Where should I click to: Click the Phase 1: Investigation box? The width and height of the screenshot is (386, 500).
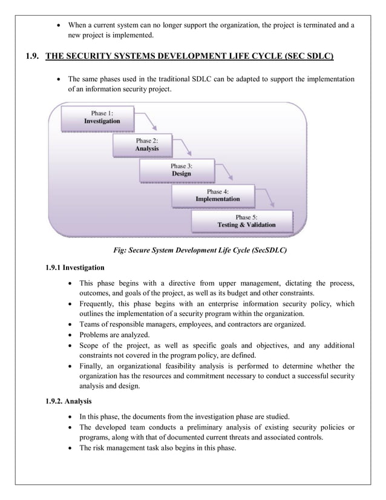pyautogui.click(x=102, y=117)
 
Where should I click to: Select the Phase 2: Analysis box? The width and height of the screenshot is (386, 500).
pyautogui.click(x=147, y=145)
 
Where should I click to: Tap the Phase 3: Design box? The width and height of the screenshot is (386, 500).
pyautogui.click(x=182, y=170)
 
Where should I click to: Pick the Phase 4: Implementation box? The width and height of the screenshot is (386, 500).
pyautogui.click(x=217, y=196)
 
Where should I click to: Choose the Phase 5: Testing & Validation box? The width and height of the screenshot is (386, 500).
pyautogui.click(x=246, y=221)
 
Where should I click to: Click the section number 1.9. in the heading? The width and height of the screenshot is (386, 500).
pyautogui.click(x=34, y=58)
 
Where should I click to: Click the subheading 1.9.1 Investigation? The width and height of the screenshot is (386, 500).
pyautogui.click(x=75, y=267)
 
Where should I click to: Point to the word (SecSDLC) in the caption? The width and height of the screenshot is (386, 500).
pyautogui.click(x=264, y=249)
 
